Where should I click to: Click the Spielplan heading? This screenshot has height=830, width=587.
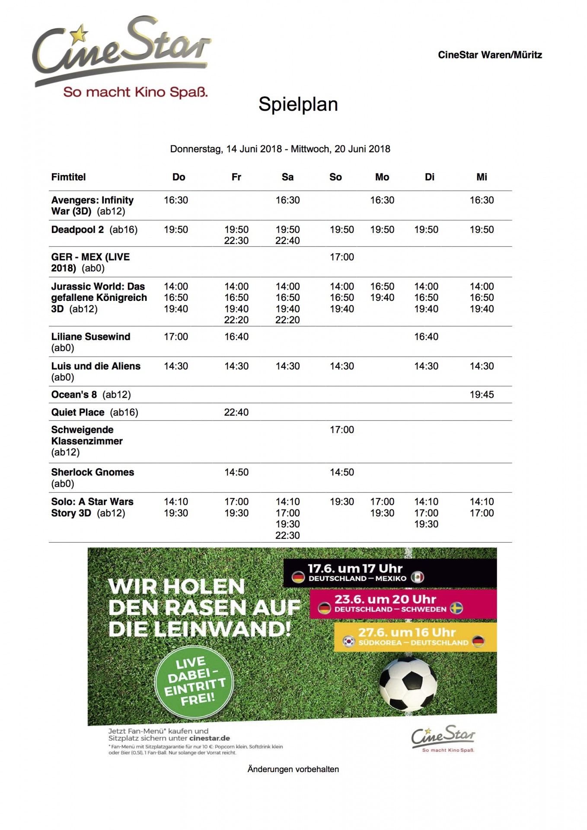pyautogui.click(x=298, y=105)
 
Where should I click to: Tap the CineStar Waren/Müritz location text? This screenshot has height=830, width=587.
pyautogui.click(x=490, y=55)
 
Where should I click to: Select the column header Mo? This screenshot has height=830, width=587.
pyautogui.click(x=382, y=177)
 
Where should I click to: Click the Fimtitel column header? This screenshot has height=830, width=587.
pyautogui.click(x=68, y=177)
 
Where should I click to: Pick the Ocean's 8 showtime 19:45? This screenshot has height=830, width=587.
pyautogui.click(x=482, y=395)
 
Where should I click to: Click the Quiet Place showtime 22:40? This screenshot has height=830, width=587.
pyautogui.click(x=236, y=412)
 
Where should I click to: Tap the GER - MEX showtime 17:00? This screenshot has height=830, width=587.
pyautogui.click(x=341, y=257)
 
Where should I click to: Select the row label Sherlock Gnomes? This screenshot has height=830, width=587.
pyautogui.click(x=93, y=472)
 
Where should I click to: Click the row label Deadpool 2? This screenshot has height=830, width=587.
pyautogui.click(x=78, y=230)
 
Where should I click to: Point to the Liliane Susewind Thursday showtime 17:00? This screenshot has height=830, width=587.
pyautogui.click(x=176, y=337)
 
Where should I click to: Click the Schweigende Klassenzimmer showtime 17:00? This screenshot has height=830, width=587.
pyautogui.click(x=341, y=430)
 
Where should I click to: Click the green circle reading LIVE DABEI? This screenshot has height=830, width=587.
pyautogui.click(x=194, y=682)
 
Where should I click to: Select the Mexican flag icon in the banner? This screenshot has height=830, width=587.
pyautogui.click(x=417, y=577)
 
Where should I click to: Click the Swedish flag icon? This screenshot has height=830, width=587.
pyautogui.click(x=456, y=608)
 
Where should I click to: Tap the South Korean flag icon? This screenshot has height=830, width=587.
pyautogui.click(x=349, y=642)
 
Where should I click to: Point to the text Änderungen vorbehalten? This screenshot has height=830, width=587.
pyautogui.click(x=293, y=769)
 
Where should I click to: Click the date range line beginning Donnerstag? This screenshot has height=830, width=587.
pyautogui.click(x=280, y=149)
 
